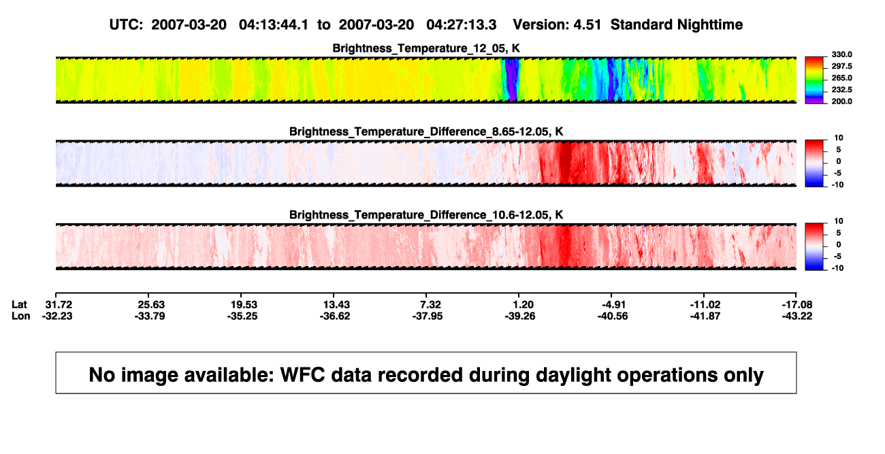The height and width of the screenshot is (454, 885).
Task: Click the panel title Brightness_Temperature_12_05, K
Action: (426, 48)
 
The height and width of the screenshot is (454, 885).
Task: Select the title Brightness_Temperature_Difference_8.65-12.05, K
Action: (426, 131)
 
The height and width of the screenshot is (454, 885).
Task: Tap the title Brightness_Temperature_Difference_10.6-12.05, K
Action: (426, 215)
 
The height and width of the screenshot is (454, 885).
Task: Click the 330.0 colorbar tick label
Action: (841, 54)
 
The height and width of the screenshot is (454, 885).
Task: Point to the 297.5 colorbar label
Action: (841, 67)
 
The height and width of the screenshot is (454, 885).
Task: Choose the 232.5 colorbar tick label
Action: (841, 90)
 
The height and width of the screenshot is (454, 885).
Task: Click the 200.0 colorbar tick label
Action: (841, 101)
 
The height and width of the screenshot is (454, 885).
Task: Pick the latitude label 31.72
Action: (59, 305)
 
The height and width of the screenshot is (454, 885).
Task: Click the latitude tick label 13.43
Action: (336, 305)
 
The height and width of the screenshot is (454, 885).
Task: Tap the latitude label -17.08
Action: (797, 305)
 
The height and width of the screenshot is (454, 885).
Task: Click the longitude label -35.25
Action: (242, 316)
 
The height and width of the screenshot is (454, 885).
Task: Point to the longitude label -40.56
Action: (613, 316)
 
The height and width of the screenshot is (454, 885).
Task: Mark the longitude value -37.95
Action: (428, 316)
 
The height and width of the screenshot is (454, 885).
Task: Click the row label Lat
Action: (19, 305)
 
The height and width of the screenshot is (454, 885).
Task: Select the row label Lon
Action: (21, 316)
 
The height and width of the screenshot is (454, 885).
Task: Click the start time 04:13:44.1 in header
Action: (274, 25)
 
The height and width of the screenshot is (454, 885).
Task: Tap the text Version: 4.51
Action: (557, 25)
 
